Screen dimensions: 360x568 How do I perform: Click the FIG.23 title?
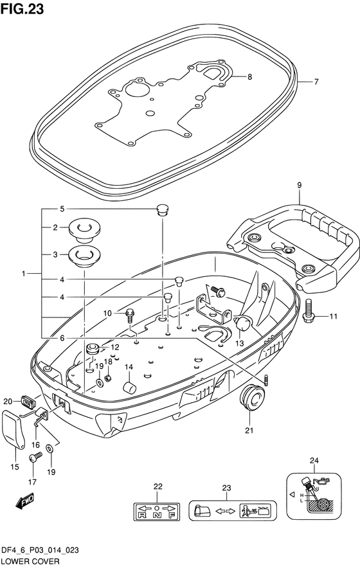[22, 9]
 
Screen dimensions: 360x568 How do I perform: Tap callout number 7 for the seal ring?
[316, 82]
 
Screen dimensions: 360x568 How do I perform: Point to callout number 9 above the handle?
[299, 185]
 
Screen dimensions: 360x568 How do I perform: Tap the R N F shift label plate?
[157, 511]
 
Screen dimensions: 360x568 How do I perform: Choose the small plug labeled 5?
[163, 209]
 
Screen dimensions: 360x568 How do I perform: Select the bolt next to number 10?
[130, 315]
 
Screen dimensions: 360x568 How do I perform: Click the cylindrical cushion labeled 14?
[129, 387]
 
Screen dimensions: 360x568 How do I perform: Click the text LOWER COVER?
[30, 561]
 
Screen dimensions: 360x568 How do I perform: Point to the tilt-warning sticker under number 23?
[233, 511]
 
